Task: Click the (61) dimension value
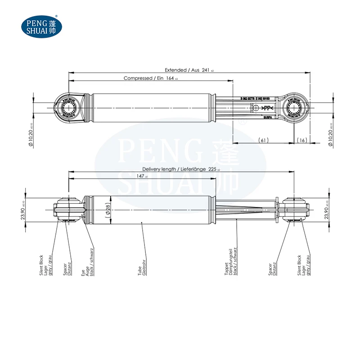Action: [x=264, y=140]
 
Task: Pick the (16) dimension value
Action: [x=301, y=140]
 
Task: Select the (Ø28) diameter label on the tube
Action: [x=108, y=210]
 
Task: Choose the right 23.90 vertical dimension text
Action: [x=327, y=210]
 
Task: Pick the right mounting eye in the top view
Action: [x=295, y=108]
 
